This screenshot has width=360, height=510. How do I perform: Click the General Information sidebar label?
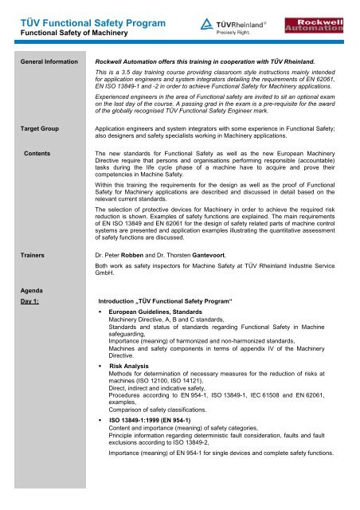coord(44,61)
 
